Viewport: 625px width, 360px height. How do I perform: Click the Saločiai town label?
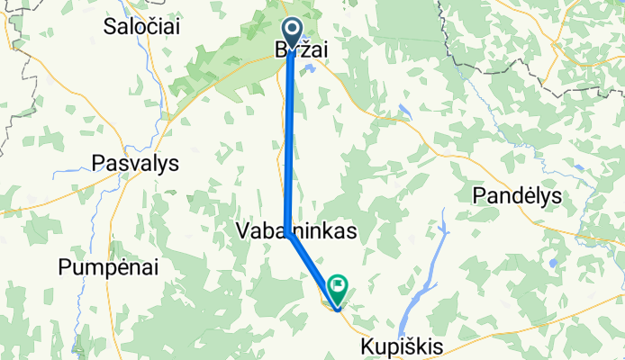point(141,26)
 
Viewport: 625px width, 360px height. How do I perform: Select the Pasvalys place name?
point(136,164)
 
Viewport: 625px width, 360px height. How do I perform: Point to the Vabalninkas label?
point(295,231)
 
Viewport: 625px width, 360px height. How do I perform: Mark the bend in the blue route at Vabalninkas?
point(288,233)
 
